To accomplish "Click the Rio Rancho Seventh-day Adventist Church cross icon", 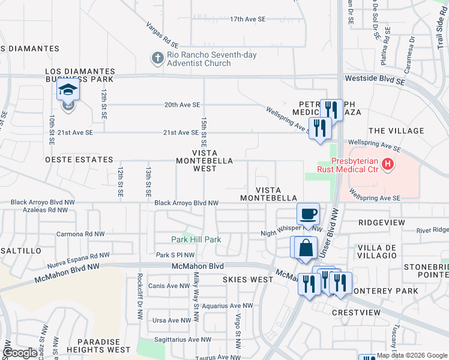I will tap(157, 58).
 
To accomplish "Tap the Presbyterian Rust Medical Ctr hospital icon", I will tap(388, 163).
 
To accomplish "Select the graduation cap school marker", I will tap(68, 91).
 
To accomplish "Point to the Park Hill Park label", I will tap(196, 239).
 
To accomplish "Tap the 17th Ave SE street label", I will tap(247, 19).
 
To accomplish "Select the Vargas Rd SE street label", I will tap(163, 35).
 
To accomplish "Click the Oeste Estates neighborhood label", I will tap(79, 160).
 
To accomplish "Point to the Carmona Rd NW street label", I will tap(80, 234).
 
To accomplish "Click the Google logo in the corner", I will tap(20, 353).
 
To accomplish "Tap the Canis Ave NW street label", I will tap(169, 286).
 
